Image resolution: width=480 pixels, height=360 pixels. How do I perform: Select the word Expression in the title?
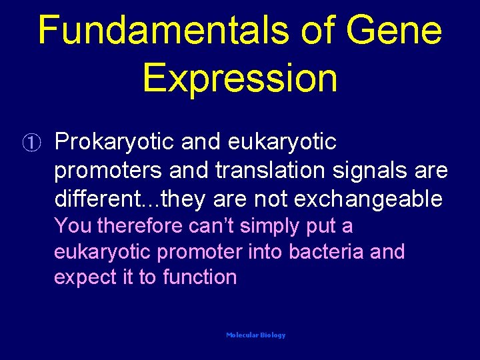(240, 78)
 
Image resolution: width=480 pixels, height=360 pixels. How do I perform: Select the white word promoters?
(108, 171)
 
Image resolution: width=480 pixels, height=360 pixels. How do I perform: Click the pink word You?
(73, 226)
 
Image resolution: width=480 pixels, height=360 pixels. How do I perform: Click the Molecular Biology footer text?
(255, 335)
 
